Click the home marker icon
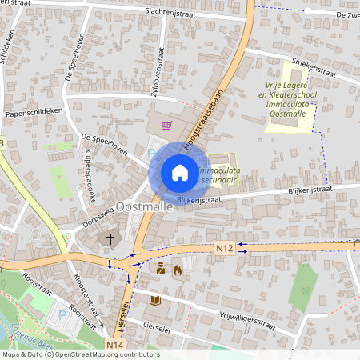[180, 173]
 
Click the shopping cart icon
[166, 125]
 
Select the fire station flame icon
[177, 270]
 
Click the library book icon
[155, 300]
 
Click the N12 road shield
[224, 249]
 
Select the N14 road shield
[114, 345]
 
